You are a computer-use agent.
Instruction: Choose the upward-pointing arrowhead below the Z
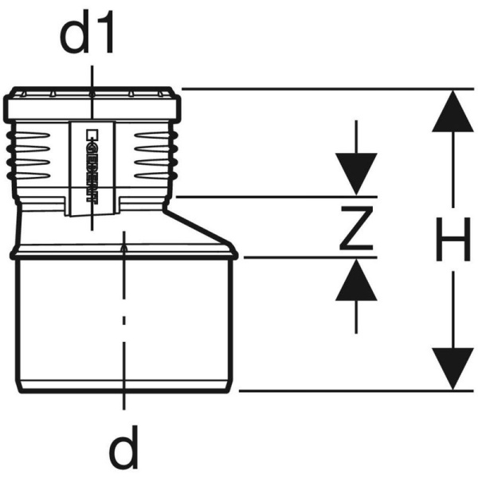[355, 280]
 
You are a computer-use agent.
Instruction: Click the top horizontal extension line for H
[319, 88]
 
